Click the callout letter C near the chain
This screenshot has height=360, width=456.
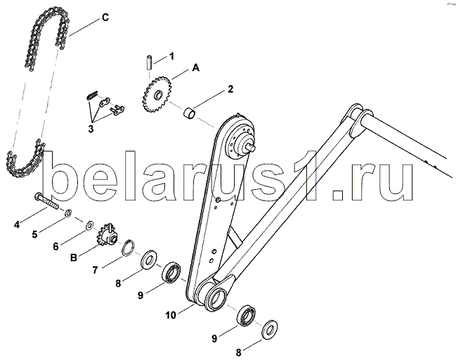105,16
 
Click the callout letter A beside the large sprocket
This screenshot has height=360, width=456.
196,67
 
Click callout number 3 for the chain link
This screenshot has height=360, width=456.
91,129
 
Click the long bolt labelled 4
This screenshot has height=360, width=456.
48,204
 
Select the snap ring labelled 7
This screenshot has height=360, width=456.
129,247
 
